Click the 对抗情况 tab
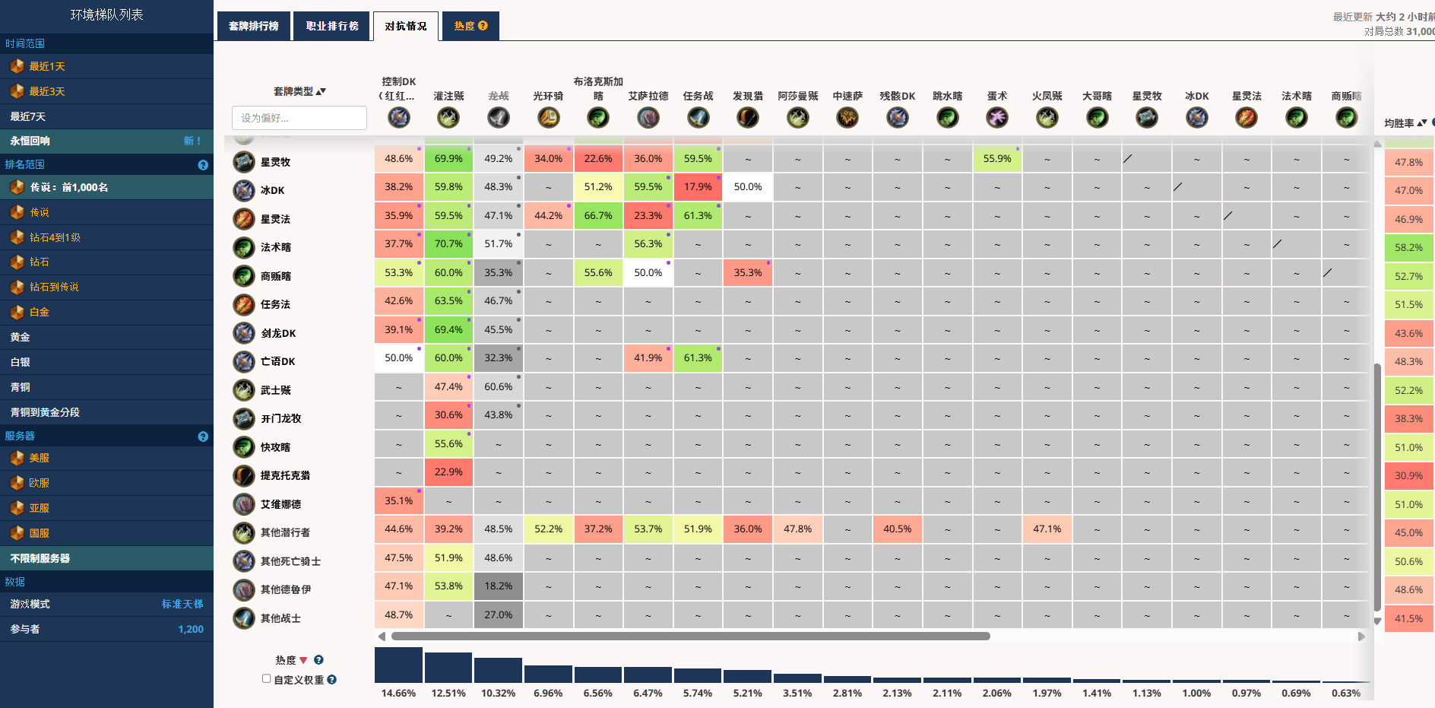[405, 26]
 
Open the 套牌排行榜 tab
[254, 26]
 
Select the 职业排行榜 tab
[332, 26]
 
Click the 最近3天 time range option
[47, 91]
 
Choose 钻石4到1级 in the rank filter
[55, 237]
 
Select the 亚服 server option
[39, 508]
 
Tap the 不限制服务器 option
[40, 558]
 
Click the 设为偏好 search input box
[299, 118]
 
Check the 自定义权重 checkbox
[267, 678]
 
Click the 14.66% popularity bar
[398, 665]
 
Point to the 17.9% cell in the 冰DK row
[698, 187]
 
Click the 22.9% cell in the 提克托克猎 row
[448, 472]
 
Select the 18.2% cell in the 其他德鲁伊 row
[499, 586]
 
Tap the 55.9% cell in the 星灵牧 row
[997, 159]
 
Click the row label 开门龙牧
[281, 418]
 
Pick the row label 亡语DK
[278, 361]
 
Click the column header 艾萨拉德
[648, 97]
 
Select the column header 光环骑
[548, 97]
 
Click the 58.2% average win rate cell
[1408, 248]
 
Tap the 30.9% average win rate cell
[1408, 476]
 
